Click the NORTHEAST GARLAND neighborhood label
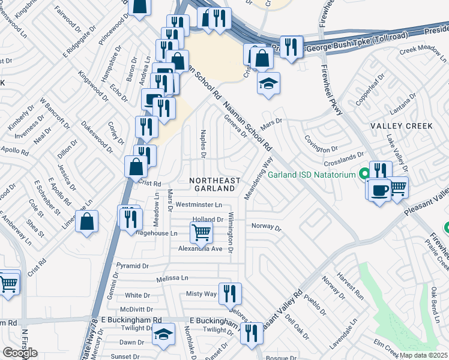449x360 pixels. (x=214, y=185)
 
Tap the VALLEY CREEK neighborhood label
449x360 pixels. (x=401, y=126)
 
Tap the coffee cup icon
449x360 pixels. (x=378, y=190)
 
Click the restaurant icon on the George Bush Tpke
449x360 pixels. (x=292, y=46)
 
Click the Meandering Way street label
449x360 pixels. (x=258, y=178)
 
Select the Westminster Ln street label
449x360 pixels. (x=198, y=205)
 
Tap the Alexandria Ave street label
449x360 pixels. (x=200, y=248)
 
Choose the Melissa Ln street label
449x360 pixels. (x=172, y=278)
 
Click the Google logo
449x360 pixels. (x=20, y=353)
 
